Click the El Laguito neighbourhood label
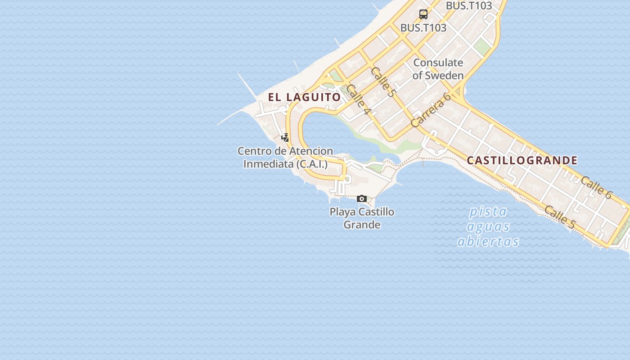click(x=305, y=97)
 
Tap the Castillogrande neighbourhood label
click(x=522, y=161)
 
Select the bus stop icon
click(x=423, y=14)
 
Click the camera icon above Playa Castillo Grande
click(x=362, y=198)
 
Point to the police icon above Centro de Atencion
click(x=285, y=137)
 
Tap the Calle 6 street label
click(x=596, y=187)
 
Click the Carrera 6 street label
click(x=431, y=110)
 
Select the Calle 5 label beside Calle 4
click(x=383, y=82)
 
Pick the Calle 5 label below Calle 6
click(x=560, y=216)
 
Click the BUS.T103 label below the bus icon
click(x=423, y=28)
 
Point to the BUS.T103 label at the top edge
click(x=469, y=6)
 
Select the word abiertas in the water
click(x=488, y=242)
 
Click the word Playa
click(x=343, y=212)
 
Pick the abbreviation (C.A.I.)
click(x=312, y=164)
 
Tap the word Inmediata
click(x=268, y=164)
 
